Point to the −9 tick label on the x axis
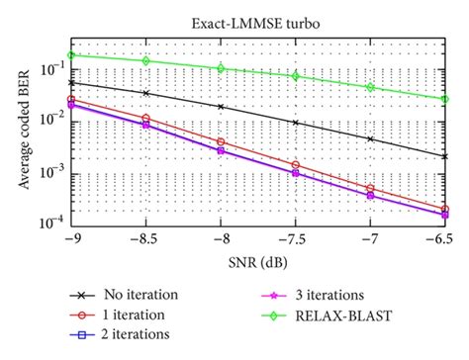click(70, 238)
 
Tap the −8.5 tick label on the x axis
click(144, 238)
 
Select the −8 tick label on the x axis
click(220, 238)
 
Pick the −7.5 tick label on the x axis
click(295, 238)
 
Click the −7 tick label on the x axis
click(370, 238)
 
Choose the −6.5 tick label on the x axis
click(444, 238)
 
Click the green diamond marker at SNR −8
click(220, 67)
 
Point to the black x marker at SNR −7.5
click(295, 122)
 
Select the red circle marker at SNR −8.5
click(145, 119)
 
